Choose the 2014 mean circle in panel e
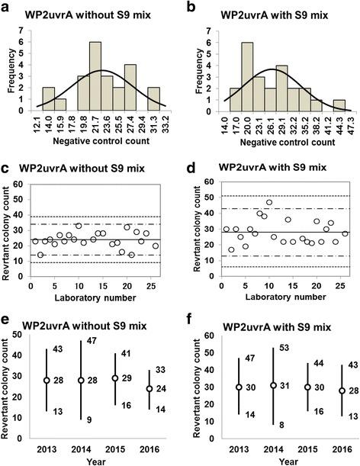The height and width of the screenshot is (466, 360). click(81, 380)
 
